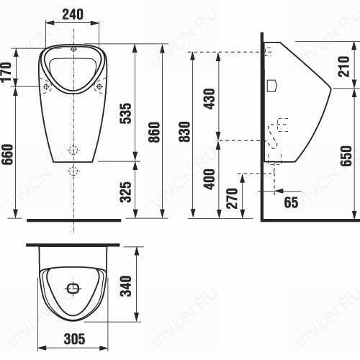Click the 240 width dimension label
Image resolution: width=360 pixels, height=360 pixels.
pyautogui.click(x=73, y=14)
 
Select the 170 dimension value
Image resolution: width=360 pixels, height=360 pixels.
pyautogui.click(x=6, y=72)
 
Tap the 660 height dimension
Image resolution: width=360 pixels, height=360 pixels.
pyautogui.click(x=7, y=154)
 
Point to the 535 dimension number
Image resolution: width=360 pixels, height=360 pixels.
pyautogui.click(x=126, y=113)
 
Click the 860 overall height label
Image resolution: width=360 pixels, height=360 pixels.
pyautogui.click(x=154, y=132)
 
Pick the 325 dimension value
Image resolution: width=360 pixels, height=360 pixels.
pyautogui.click(x=126, y=192)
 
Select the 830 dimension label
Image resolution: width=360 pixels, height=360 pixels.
pyautogui.click(x=184, y=132)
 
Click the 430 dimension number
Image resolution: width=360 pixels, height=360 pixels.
pyautogui.click(x=210, y=99)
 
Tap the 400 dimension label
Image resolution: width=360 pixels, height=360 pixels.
pyautogui.click(x=209, y=179)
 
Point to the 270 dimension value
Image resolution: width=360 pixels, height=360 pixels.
pyautogui.click(x=232, y=198)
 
